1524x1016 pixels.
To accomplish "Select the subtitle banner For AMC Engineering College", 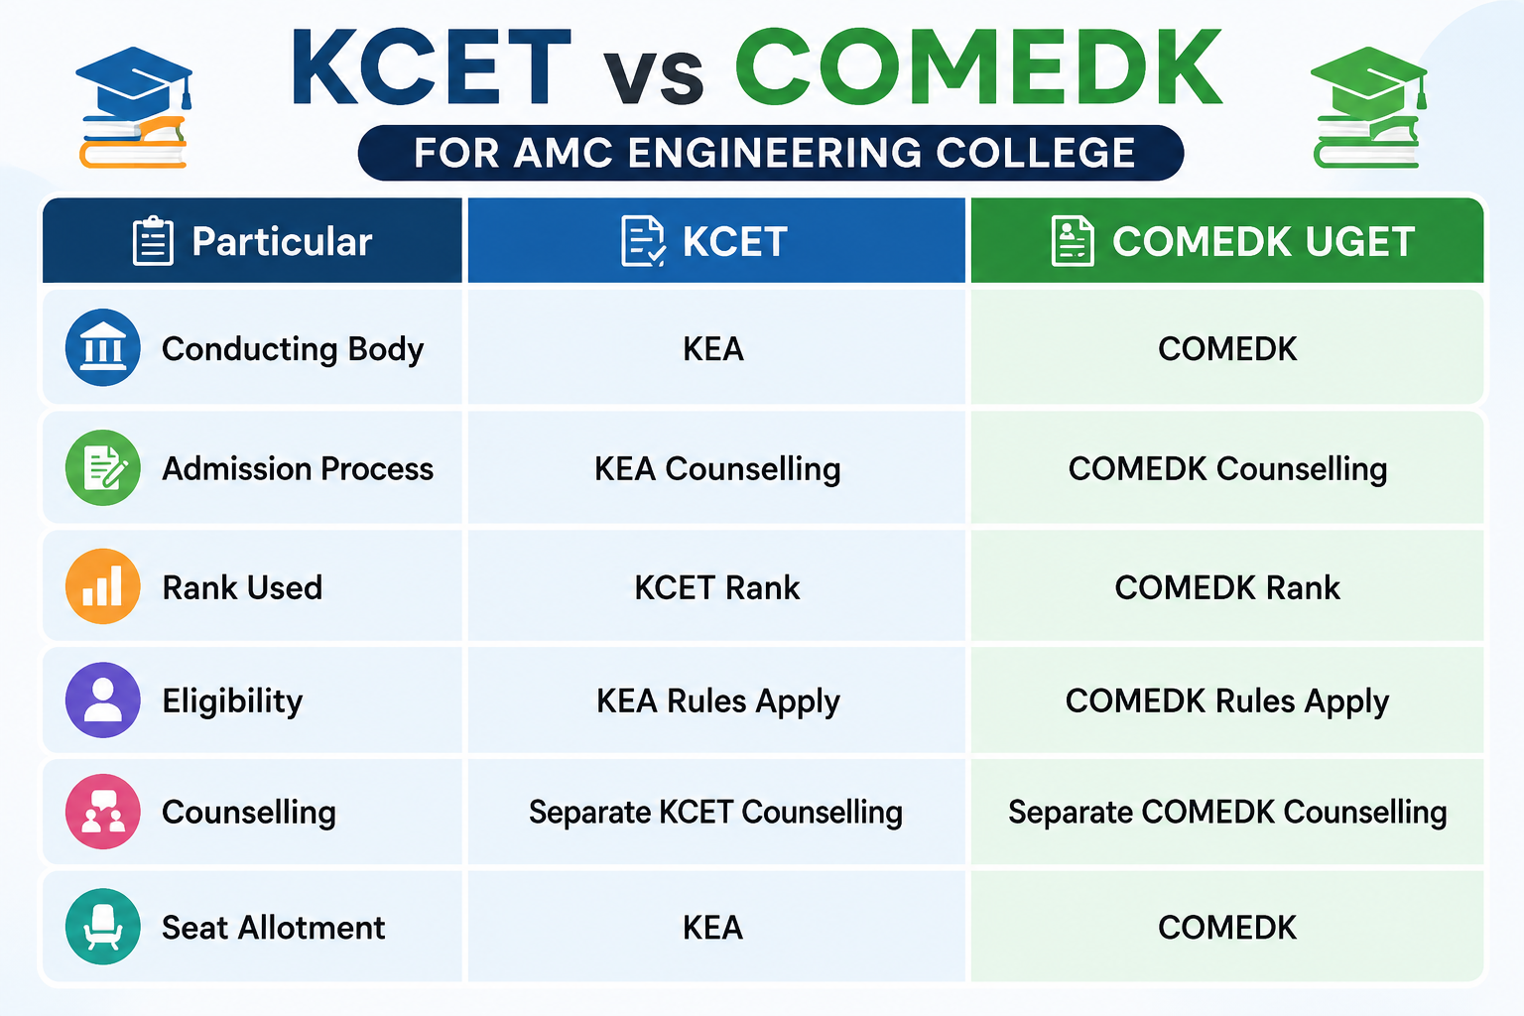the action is coord(771,153).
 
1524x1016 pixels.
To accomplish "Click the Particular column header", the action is coord(252,241).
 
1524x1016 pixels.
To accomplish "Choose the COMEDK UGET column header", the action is coord(1226,241).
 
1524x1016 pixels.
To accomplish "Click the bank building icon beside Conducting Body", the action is coord(103,347).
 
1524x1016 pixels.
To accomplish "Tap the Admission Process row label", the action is coord(298,469).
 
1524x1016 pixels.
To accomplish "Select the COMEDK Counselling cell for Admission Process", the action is coord(1227,469).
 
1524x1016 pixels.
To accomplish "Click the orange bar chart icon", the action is coord(103,586).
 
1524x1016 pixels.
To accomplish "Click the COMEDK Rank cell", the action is coord(1227,587).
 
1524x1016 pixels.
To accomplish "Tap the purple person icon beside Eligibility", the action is coord(103,700).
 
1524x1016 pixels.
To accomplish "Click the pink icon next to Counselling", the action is coord(103,812).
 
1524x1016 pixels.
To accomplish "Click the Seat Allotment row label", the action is coord(274,928).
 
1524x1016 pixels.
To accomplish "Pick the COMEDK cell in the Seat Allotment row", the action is coord(1227,928).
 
